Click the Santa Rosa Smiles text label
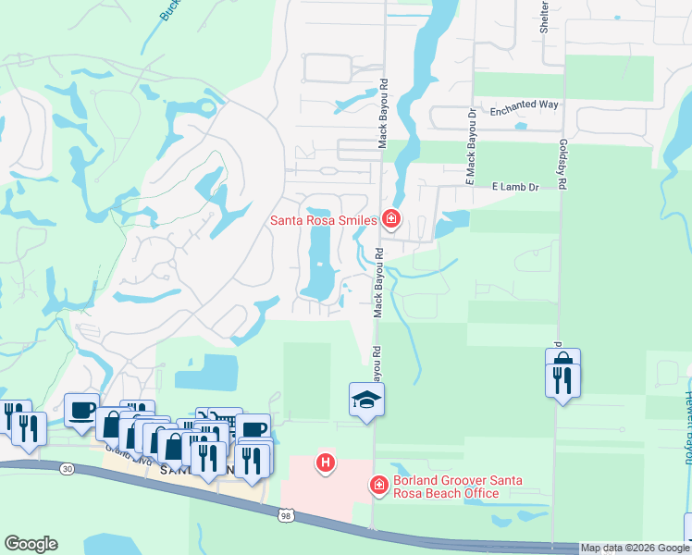(x=323, y=220)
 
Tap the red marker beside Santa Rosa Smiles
(x=391, y=219)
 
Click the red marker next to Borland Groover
(x=377, y=485)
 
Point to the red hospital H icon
(x=325, y=462)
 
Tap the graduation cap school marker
(x=366, y=400)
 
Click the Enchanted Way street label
(x=524, y=105)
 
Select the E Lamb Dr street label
(x=514, y=186)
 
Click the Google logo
(x=31, y=544)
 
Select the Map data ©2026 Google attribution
(x=635, y=548)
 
